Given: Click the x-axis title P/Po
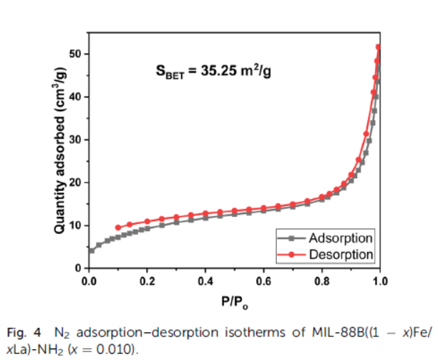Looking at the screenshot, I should point(234,301).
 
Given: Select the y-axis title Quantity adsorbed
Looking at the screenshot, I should point(60,154).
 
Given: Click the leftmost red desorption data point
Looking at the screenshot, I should point(117,228).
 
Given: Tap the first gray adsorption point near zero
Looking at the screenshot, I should point(92,250).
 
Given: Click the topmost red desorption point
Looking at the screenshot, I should point(379,47).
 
